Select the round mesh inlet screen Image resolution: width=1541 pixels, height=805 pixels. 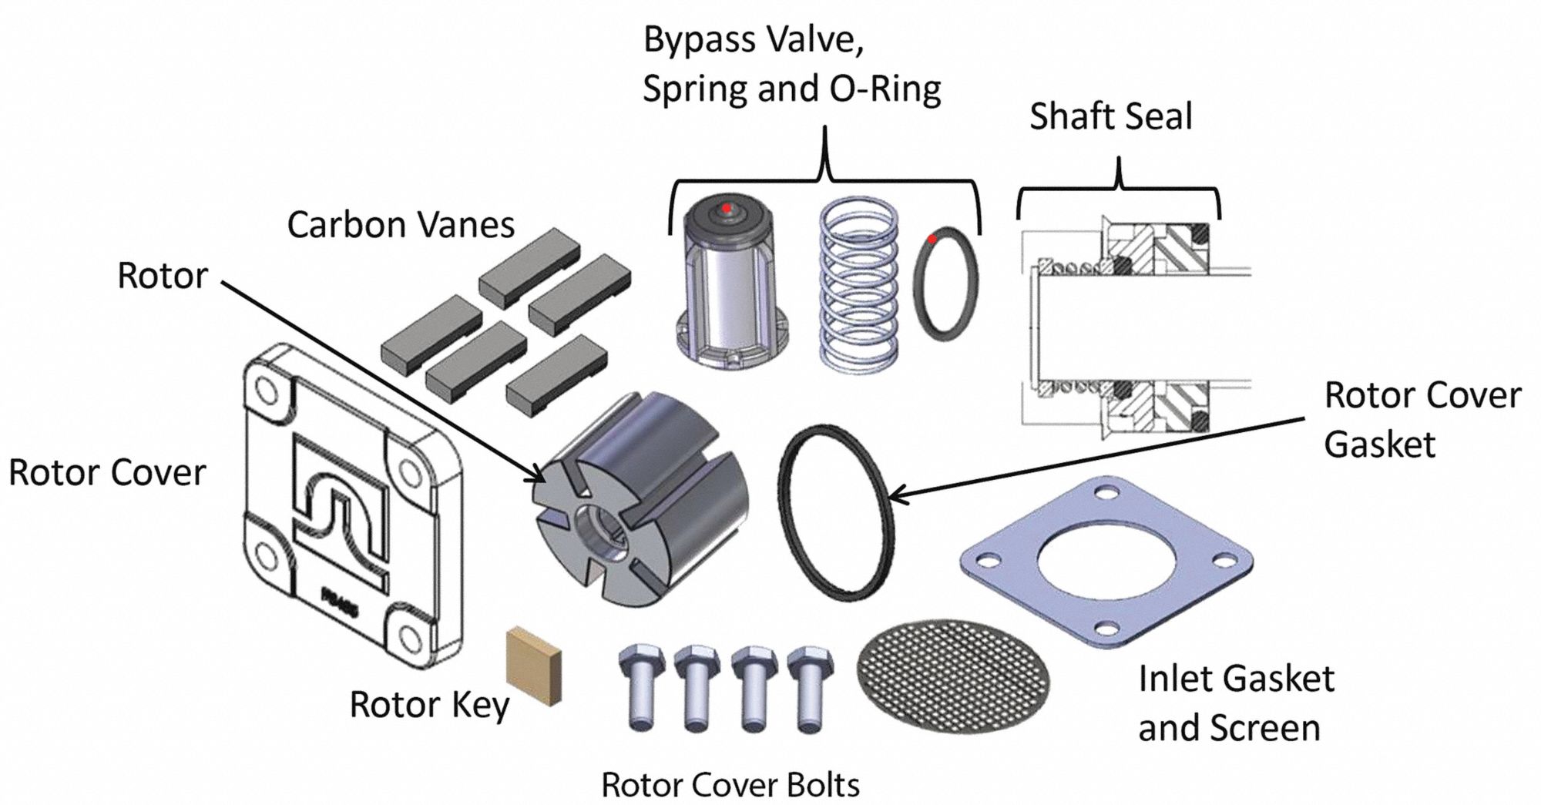pos(953,676)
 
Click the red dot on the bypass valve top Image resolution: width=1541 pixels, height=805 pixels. pos(726,208)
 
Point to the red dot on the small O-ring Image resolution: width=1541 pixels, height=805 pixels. pos(932,239)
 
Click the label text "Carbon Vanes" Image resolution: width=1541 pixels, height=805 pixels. pos(401,225)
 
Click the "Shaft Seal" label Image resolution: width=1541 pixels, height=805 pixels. pos(1111,116)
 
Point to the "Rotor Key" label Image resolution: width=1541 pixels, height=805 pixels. pos(429,704)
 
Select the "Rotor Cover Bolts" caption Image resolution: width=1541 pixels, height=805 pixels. pos(730,785)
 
